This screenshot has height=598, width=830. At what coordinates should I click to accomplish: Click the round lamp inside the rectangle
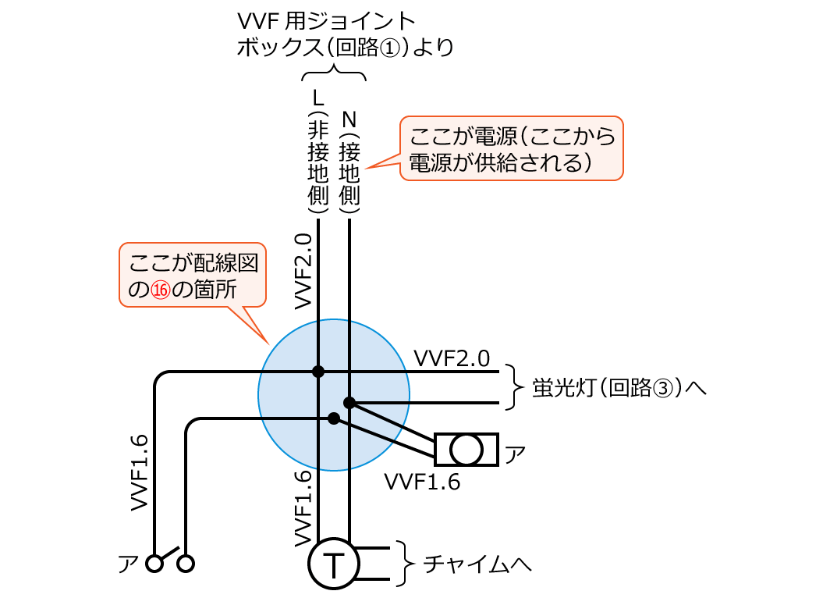click(466, 450)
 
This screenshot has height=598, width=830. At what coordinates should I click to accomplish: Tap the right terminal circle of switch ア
click(186, 563)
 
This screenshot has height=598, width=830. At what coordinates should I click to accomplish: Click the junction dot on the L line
click(318, 371)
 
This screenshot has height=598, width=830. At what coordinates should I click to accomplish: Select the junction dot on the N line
click(349, 403)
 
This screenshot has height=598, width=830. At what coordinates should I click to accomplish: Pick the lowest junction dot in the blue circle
click(334, 419)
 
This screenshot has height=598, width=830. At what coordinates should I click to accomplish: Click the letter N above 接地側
click(349, 119)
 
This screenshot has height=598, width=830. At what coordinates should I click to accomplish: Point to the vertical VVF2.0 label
click(303, 270)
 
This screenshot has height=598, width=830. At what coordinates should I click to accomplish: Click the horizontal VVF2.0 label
click(452, 358)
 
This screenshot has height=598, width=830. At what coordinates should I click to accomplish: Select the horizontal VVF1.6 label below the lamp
click(422, 482)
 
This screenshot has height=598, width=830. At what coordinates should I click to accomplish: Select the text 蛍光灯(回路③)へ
click(619, 387)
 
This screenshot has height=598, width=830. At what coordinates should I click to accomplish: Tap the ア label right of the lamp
click(515, 452)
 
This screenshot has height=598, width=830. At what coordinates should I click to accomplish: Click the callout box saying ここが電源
click(512, 149)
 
